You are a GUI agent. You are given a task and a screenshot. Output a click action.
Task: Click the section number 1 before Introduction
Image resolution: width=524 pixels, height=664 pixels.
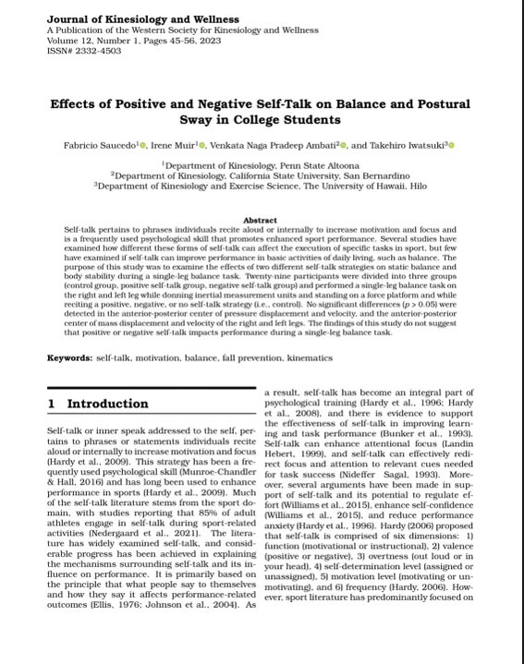pos(52,404)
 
